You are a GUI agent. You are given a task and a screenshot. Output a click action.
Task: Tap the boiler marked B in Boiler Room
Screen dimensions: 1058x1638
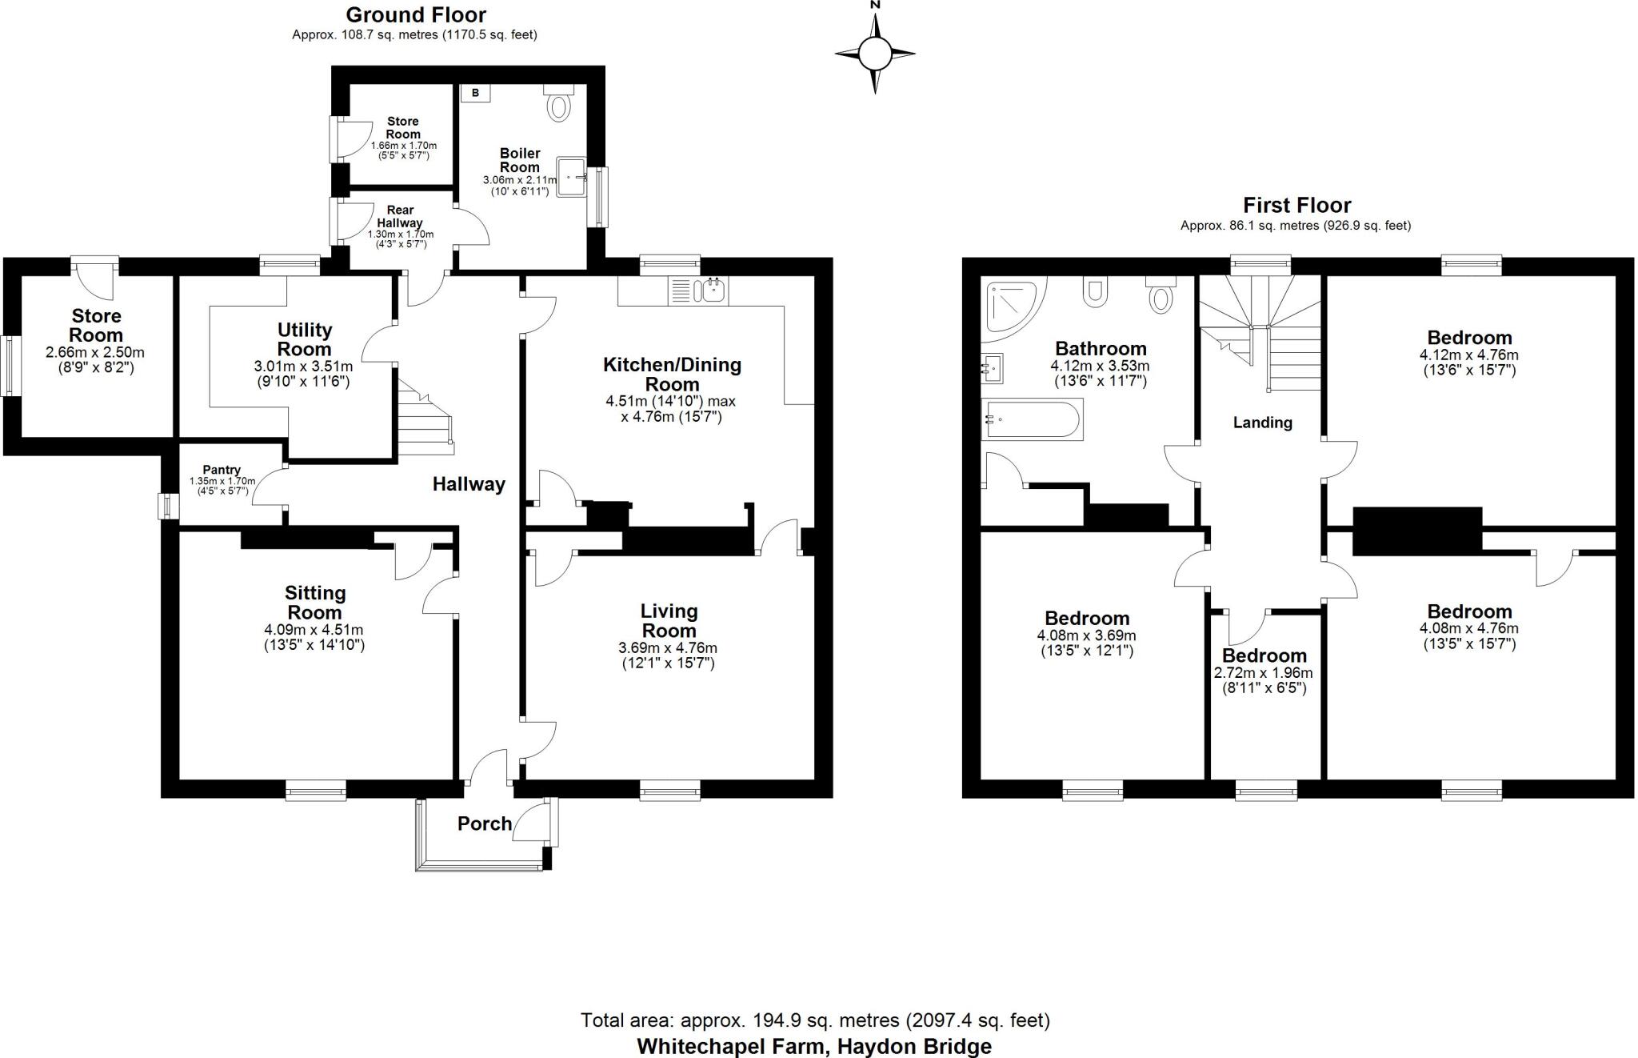pos(475,93)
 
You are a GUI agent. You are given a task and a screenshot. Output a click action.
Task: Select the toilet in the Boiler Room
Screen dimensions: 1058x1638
pos(558,103)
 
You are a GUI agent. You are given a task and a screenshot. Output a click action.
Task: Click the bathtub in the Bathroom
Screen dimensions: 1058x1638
pos(1032,419)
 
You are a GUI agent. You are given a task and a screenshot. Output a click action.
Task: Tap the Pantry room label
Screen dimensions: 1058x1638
pos(222,470)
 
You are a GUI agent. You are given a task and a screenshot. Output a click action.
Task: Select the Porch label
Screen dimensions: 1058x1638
pos(485,824)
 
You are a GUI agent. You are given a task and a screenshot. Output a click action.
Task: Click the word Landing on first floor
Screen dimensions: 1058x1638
pos(1262,423)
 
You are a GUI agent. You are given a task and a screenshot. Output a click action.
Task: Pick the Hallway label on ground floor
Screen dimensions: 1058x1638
pos(469,484)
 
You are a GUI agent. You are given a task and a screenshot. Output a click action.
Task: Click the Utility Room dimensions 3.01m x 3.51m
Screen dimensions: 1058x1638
pos(303,367)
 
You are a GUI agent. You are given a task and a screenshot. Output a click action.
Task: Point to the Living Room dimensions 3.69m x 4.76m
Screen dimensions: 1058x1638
pos(668,647)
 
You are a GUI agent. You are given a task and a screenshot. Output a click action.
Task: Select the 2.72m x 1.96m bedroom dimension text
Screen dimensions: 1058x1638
pos(1264,673)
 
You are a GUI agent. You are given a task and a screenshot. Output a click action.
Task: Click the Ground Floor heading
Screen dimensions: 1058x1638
pos(415,14)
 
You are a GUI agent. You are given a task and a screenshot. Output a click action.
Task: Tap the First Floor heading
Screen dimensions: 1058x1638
pos(1296,205)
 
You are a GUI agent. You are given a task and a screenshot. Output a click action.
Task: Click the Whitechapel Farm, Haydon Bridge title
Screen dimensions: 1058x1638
pos(814,1046)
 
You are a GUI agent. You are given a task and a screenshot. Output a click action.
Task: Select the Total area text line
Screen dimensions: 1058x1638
pos(814,1020)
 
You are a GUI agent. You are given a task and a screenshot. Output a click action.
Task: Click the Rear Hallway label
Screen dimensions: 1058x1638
pos(400,216)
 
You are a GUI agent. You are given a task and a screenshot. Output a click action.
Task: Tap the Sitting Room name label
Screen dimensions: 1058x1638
pos(315,603)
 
